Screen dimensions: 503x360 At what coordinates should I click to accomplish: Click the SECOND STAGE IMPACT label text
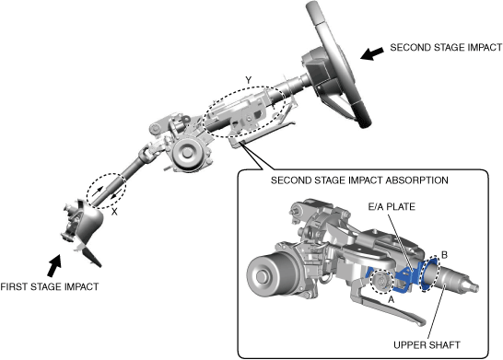click(x=446, y=48)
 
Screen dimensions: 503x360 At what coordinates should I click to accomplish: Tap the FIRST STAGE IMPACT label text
click(x=50, y=286)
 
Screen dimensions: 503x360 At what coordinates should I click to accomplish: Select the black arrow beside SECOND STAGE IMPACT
click(x=372, y=53)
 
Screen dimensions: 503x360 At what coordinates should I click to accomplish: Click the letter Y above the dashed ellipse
click(x=249, y=80)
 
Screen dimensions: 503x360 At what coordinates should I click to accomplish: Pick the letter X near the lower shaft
click(x=114, y=212)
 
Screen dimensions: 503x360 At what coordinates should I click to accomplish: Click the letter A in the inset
click(x=391, y=299)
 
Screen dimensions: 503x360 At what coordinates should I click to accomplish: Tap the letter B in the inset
click(x=444, y=255)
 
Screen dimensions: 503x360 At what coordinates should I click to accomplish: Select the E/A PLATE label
click(x=392, y=207)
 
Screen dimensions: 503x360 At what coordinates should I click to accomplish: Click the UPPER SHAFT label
click(x=427, y=345)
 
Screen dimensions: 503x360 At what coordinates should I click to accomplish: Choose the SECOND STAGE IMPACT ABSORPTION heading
click(x=359, y=180)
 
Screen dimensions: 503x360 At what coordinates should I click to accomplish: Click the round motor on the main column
click(x=187, y=153)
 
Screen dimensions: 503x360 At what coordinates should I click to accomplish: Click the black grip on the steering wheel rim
click(x=362, y=115)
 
